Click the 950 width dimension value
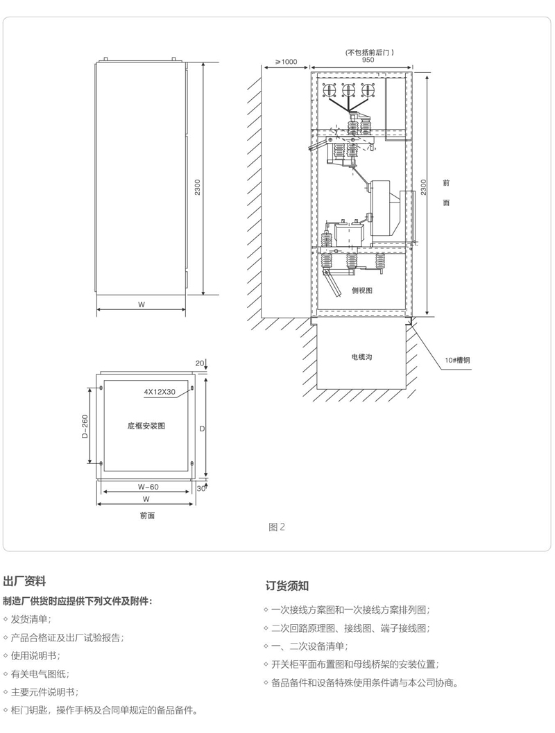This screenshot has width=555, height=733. pyautogui.click(x=368, y=60)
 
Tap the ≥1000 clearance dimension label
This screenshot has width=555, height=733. pyautogui.click(x=285, y=62)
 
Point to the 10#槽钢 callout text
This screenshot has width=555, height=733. pyautogui.click(x=458, y=360)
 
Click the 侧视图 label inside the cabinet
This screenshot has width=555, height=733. pyautogui.click(x=362, y=291)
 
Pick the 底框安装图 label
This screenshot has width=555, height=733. pyautogui.click(x=146, y=426)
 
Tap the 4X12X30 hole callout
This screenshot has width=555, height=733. pyautogui.click(x=158, y=391)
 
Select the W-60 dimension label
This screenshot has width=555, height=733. pyautogui.click(x=147, y=487)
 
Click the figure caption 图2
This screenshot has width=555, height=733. pyautogui.click(x=276, y=527)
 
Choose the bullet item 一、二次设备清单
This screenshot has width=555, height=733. pyautogui.click(x=309, y=646)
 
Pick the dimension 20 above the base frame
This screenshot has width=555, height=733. pyautogui.click(x=200, y=363)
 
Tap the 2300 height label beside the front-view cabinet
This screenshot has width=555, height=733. pyautogui.click(x=198, y=187)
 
